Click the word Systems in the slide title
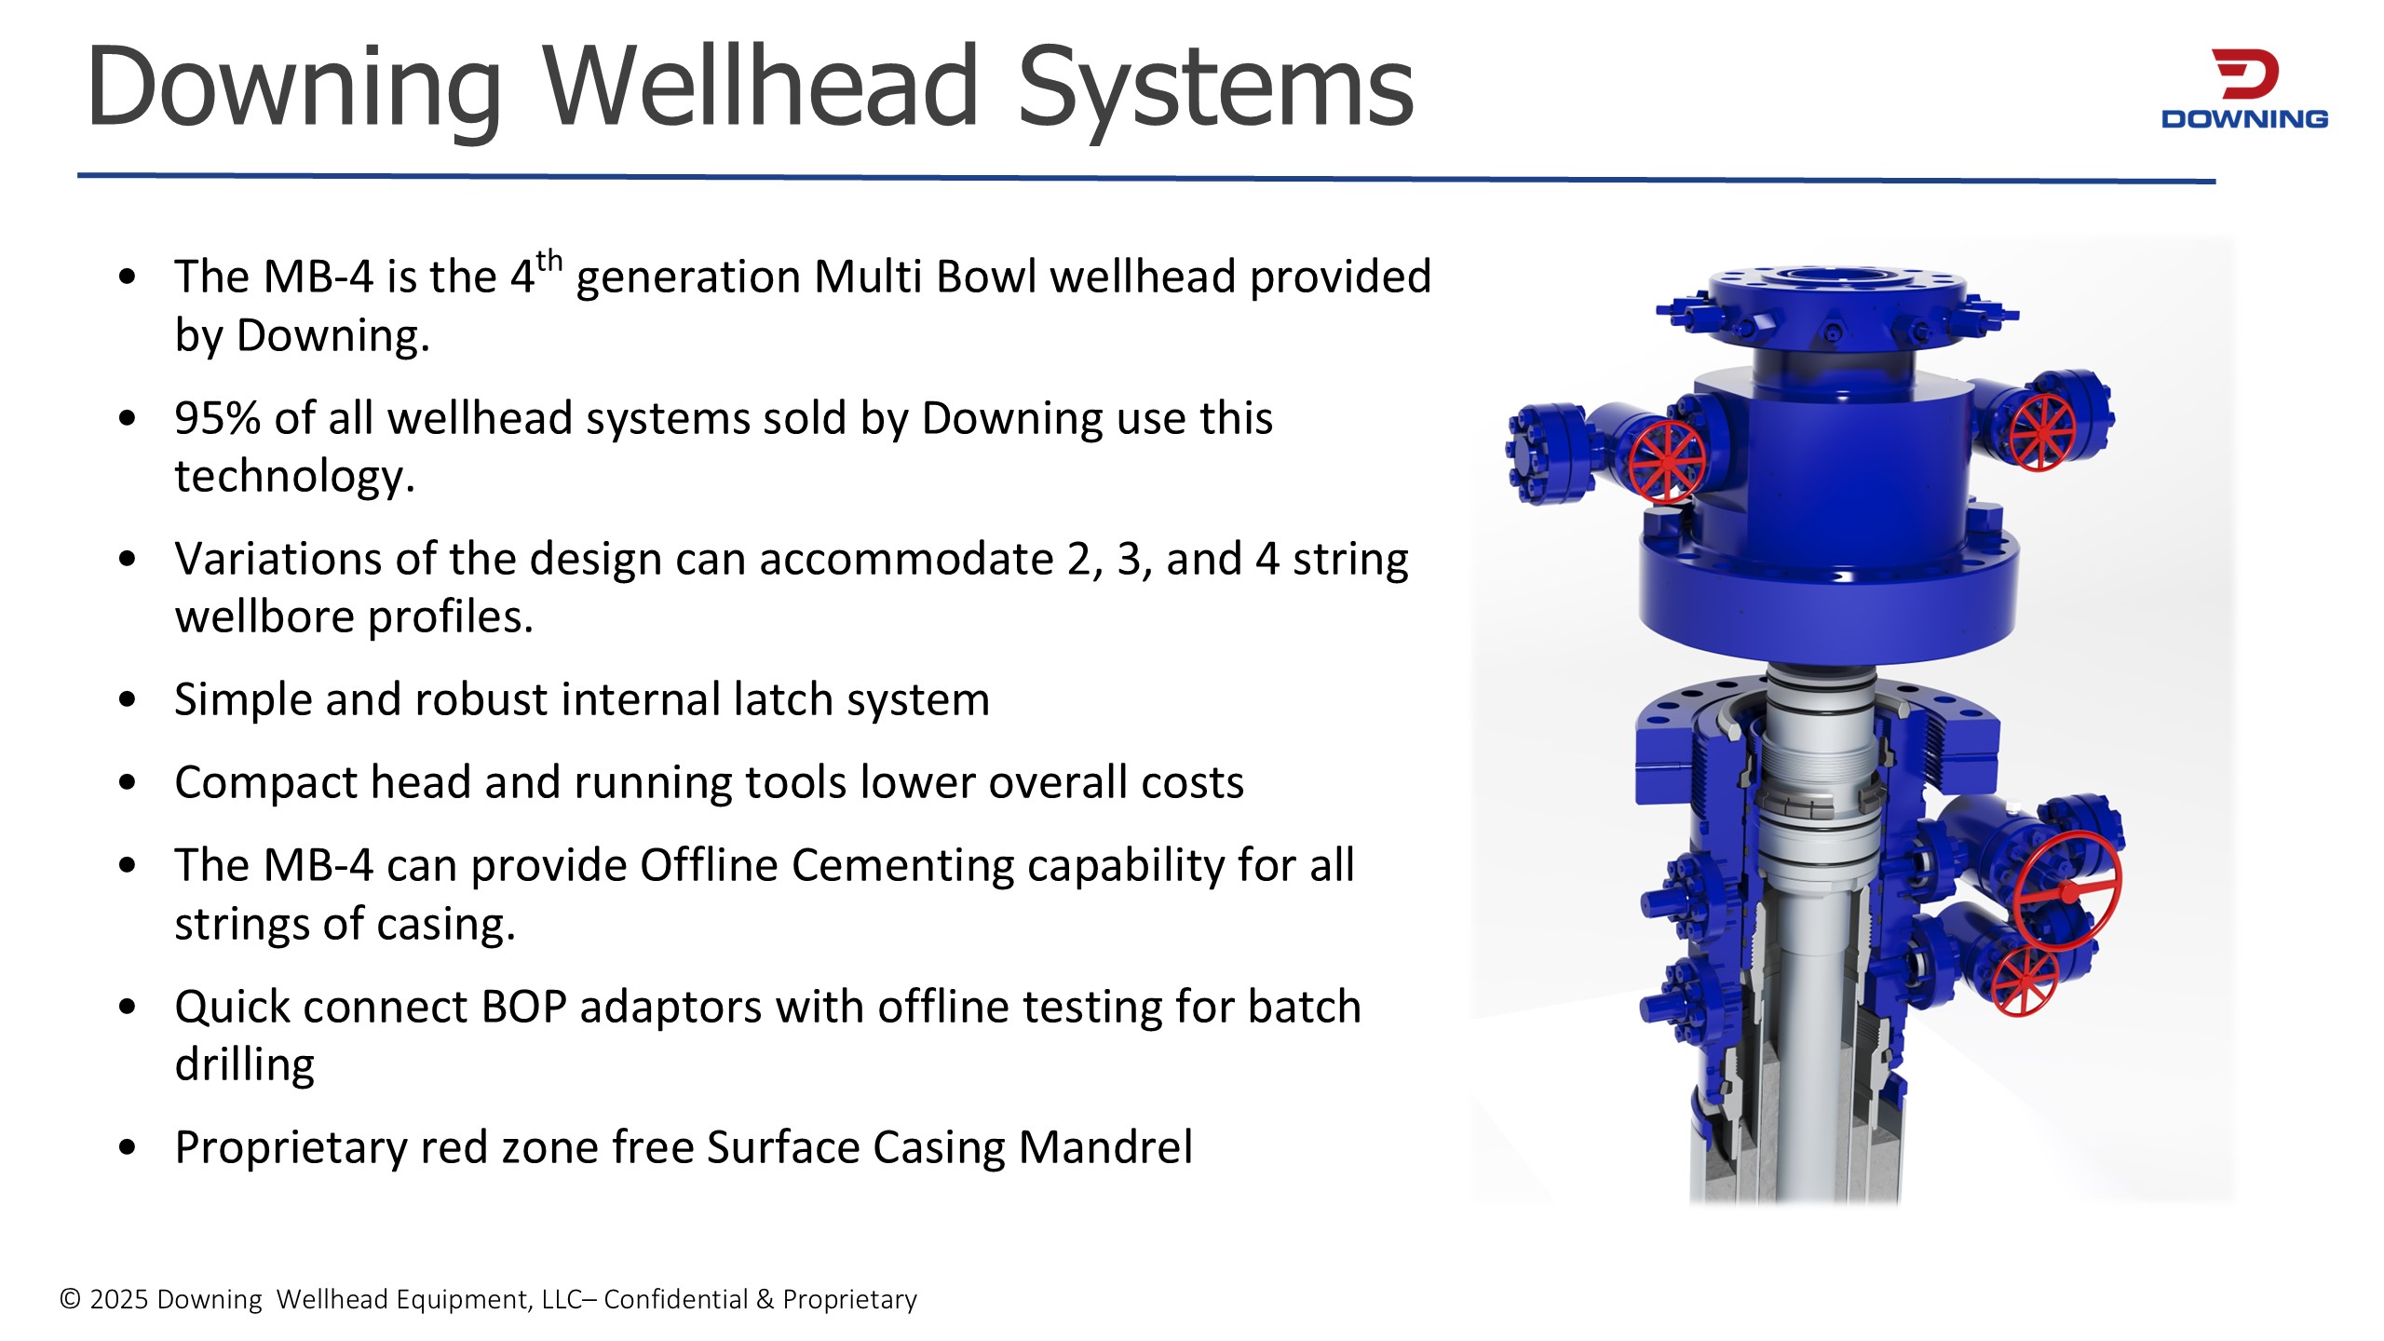tap(1216, 89)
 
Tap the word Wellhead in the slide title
tap(760, 86)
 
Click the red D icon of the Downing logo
tap(2245, 74)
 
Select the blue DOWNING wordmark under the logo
tap(2244, 119)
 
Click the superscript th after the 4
tap(549, 261)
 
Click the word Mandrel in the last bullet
tap(1105, 1147)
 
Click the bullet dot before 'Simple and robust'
tap(128, 700)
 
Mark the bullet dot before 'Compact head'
tap(128, 783)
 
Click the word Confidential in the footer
tap(675, 1299)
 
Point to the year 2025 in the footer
tap(120, 1299)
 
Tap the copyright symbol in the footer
tap(71, 1299)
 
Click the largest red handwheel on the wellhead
tap(2068, 889)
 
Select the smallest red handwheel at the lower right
tap(2025, 982)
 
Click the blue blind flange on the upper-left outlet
tap(1537, 454)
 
